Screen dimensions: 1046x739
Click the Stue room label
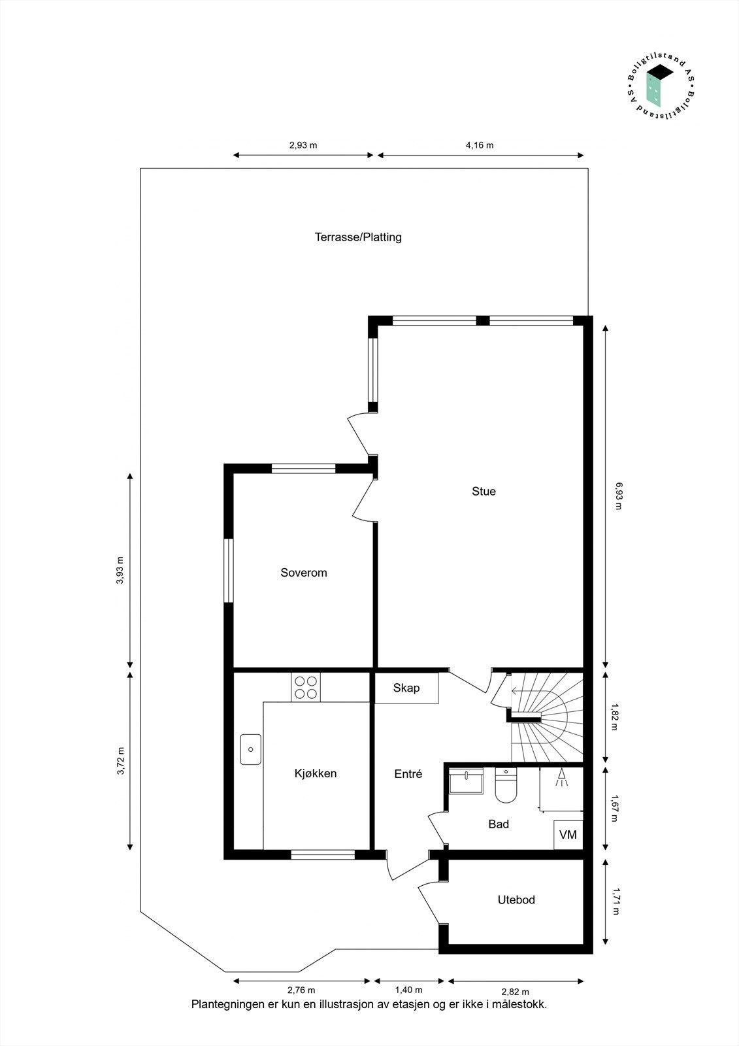pyautogui.click(x=484, y=491)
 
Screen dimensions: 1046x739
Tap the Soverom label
pyautogui.click(x=303, y=573)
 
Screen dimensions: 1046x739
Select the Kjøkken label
pyautogui.click(x=316, y=773)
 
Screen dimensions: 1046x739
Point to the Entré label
pyautogui.click(x=408, y=774)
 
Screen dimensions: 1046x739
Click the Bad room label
pyautogui.click(x=499, y=824)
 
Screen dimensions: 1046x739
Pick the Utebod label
pyautogui.click(x=516, y=900)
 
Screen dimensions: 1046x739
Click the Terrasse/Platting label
pyautogui.click(x=358, y=237)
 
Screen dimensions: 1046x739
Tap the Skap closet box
pyautogui.click(x=406, y=688)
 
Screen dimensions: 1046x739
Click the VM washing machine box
pyautogui.click(x=568, y=835)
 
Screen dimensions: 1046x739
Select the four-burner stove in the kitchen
pyautogui.click(x=306, y=687)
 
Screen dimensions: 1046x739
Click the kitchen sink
pyautogui.click(x=251, y=749)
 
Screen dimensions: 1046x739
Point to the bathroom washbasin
pyautogui.click(x=466, y=780)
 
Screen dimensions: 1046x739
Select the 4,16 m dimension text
pyautogui.click(x=480, y=145)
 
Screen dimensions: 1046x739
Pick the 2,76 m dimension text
pyautogui.click(x=301, y=990)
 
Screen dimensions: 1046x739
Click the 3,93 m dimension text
pyautogui.click(x=120, y=569)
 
